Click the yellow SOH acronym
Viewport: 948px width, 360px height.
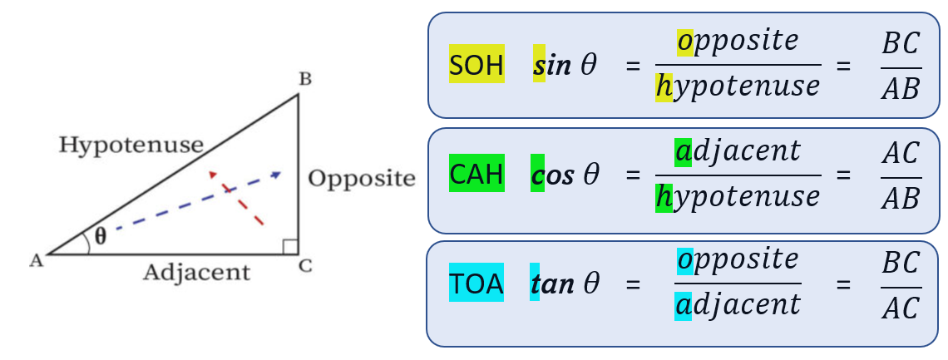pos(476,65)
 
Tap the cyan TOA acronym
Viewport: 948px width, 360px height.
pos(476,284)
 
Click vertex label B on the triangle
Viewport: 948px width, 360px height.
pos(305,80)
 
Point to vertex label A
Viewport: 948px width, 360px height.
pos(36,261)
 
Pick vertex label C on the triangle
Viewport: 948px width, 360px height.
pos(305,266)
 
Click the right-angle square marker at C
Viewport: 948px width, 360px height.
pos(289,246)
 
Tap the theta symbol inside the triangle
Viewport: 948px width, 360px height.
pos(100,235)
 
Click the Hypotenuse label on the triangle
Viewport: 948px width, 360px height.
pos(131,145)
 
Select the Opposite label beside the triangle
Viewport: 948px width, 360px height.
pos(361,178)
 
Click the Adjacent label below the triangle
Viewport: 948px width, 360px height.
pos(196,272)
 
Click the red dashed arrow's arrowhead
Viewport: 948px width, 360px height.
pos(215,175)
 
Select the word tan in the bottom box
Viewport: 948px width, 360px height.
pos(552,285)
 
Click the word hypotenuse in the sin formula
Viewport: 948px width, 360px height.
pos(737,86)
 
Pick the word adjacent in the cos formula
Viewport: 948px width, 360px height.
pos(738,151)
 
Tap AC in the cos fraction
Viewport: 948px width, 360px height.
pos(901,153)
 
